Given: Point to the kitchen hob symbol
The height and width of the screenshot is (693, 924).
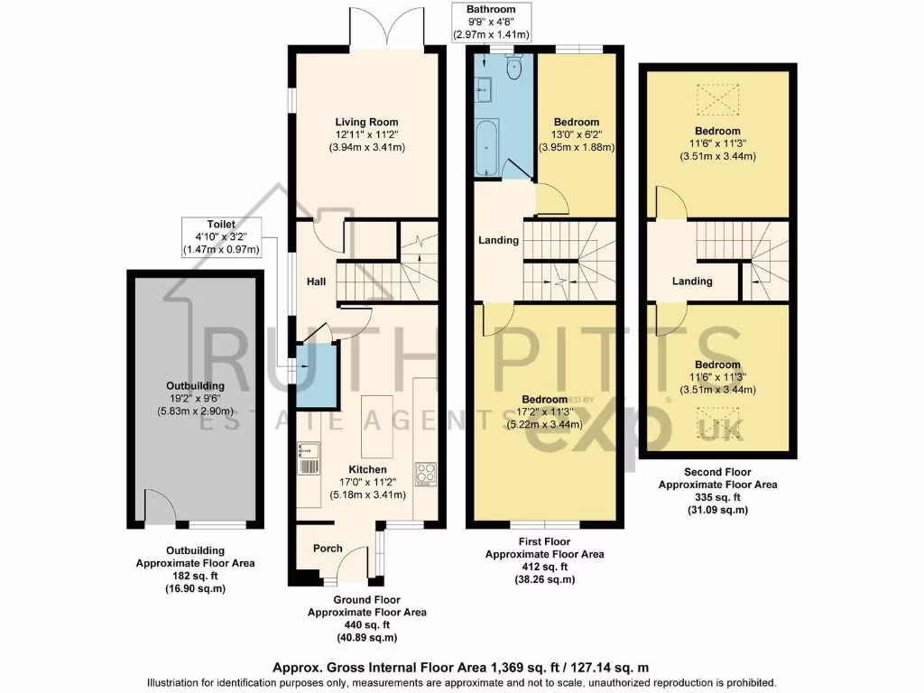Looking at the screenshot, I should click(x=425, y=473).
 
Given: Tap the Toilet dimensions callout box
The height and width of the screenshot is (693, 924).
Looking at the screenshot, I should click(x=221, y=237).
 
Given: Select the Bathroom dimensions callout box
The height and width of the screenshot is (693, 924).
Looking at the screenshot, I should click(x=492, y=22).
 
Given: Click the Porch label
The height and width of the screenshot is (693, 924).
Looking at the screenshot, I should click(x=328, y=549).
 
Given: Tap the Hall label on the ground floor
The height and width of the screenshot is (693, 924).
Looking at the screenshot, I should click(x=316, y=282).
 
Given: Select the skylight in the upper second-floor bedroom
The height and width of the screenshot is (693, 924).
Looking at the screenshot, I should click(x=717, y=97).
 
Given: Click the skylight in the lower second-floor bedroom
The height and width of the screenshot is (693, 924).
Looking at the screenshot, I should click(x=717, y=421).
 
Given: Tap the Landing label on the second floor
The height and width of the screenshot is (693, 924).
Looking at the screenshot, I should click(x=692, y=282).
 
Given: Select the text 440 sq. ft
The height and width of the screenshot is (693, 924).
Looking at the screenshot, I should click(x=366, y=624).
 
